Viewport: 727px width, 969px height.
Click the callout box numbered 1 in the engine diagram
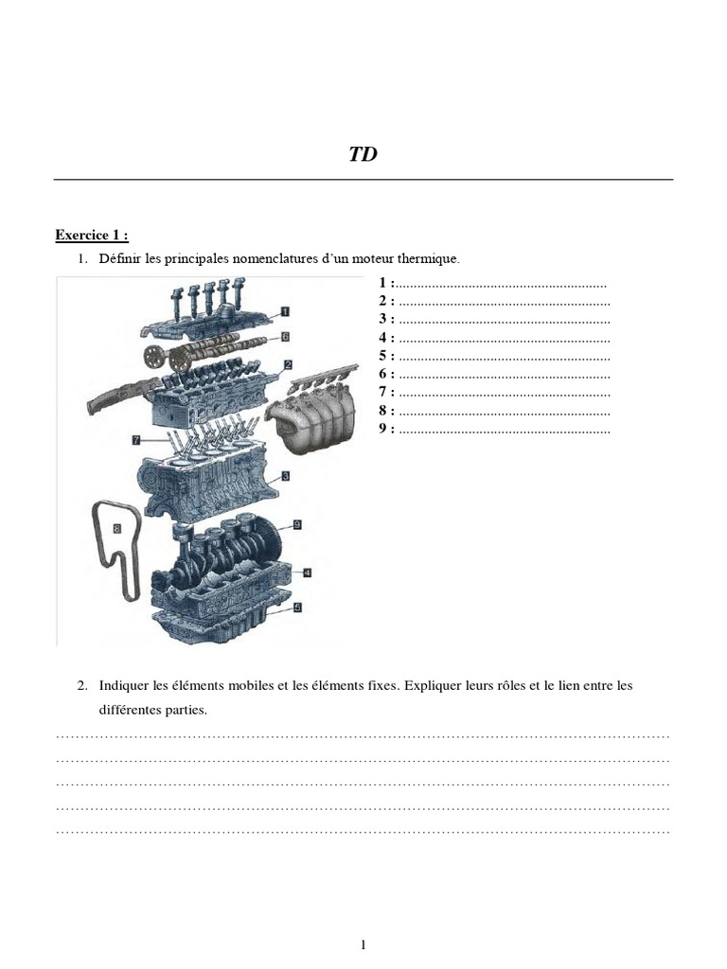coord(285,311)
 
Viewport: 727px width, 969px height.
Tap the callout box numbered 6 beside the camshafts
coord(285,337)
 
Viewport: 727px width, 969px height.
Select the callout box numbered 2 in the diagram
coord(288,364)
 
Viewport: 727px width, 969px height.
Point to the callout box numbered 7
coord(136,440)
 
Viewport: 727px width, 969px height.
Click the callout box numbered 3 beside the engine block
coord(286,476)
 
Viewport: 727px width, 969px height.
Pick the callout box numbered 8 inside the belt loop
coord(117,528)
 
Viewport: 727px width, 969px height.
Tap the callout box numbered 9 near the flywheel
coord(296,524)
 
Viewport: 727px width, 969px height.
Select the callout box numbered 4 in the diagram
coord(308,573)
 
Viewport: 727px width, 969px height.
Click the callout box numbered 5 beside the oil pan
coord(297,608)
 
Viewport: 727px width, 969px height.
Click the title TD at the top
coord(363,154)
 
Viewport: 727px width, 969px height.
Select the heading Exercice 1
coord(92,235)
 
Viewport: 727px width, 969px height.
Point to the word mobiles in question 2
coord(251,685)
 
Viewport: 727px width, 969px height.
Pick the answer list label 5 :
coord(386,356)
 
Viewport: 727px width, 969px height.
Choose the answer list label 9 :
coord(386,429)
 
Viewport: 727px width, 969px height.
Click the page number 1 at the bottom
coord(363,944)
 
